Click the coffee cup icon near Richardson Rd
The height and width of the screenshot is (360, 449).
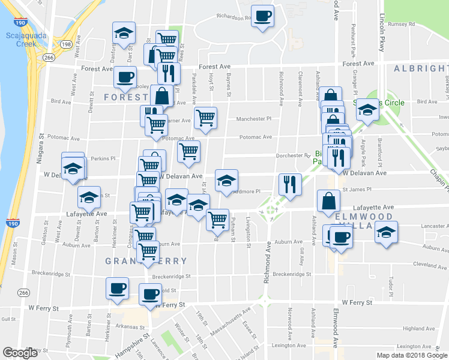click(262, 16)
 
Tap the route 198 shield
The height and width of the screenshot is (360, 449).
click(66, 44)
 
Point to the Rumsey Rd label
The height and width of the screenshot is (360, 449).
click(402, 25)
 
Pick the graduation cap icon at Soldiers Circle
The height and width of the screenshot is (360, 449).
click(367, 110)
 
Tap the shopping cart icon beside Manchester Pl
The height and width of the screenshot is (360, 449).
click(205, 118)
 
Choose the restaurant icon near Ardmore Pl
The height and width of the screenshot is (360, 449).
click(290, 185)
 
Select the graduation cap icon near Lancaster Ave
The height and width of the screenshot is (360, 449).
click(386, 232)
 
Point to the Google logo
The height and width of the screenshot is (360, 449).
click(20, 353)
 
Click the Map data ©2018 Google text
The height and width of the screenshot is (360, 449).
click(411, 355)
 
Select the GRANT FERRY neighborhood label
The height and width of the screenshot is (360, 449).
click(146, 261)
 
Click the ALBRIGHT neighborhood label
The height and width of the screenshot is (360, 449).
click(420, 69)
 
